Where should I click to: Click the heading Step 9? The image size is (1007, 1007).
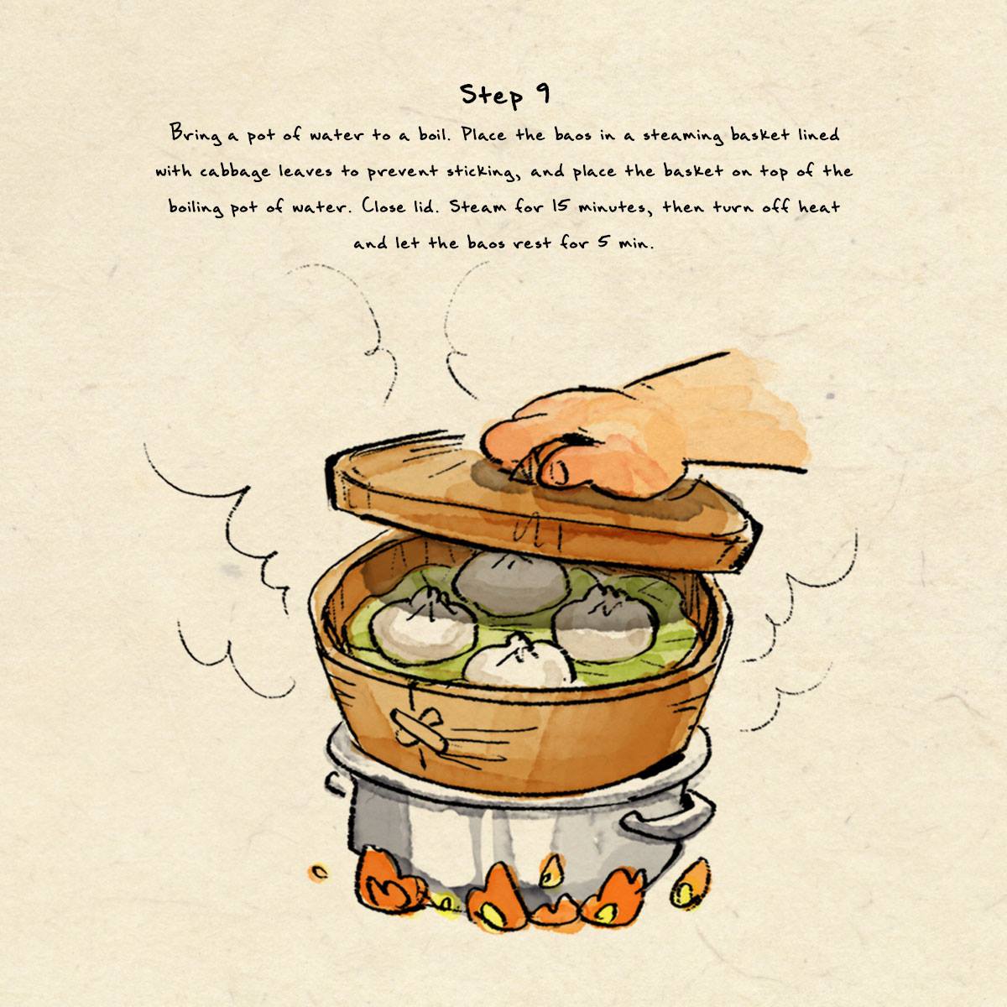(505, 95)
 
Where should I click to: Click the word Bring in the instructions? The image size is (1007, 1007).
(193, 134)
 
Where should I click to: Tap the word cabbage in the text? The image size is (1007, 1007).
(235, 171)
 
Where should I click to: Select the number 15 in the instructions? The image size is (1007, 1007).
(559, 206)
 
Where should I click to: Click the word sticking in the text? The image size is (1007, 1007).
(483, 171)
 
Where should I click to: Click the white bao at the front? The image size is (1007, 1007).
(520, 661)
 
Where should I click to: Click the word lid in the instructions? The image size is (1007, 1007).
(421, 206)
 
